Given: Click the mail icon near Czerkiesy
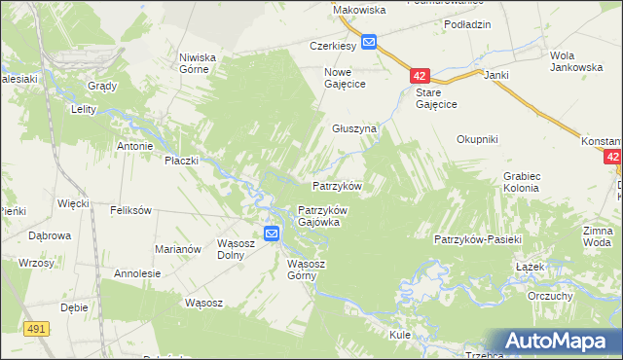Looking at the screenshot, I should (370, 42).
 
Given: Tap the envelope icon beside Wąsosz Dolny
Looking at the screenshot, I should (272, 234).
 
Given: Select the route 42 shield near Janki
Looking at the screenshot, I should (419, 75).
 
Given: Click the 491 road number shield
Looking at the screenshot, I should (37, 330).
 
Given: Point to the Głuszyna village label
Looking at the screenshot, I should (353, 128).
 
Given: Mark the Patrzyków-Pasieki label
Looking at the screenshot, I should (479, 239).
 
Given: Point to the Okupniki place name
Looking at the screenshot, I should (477, 139).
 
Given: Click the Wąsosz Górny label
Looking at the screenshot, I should (311, 270).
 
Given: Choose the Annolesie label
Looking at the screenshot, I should (137, 273).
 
